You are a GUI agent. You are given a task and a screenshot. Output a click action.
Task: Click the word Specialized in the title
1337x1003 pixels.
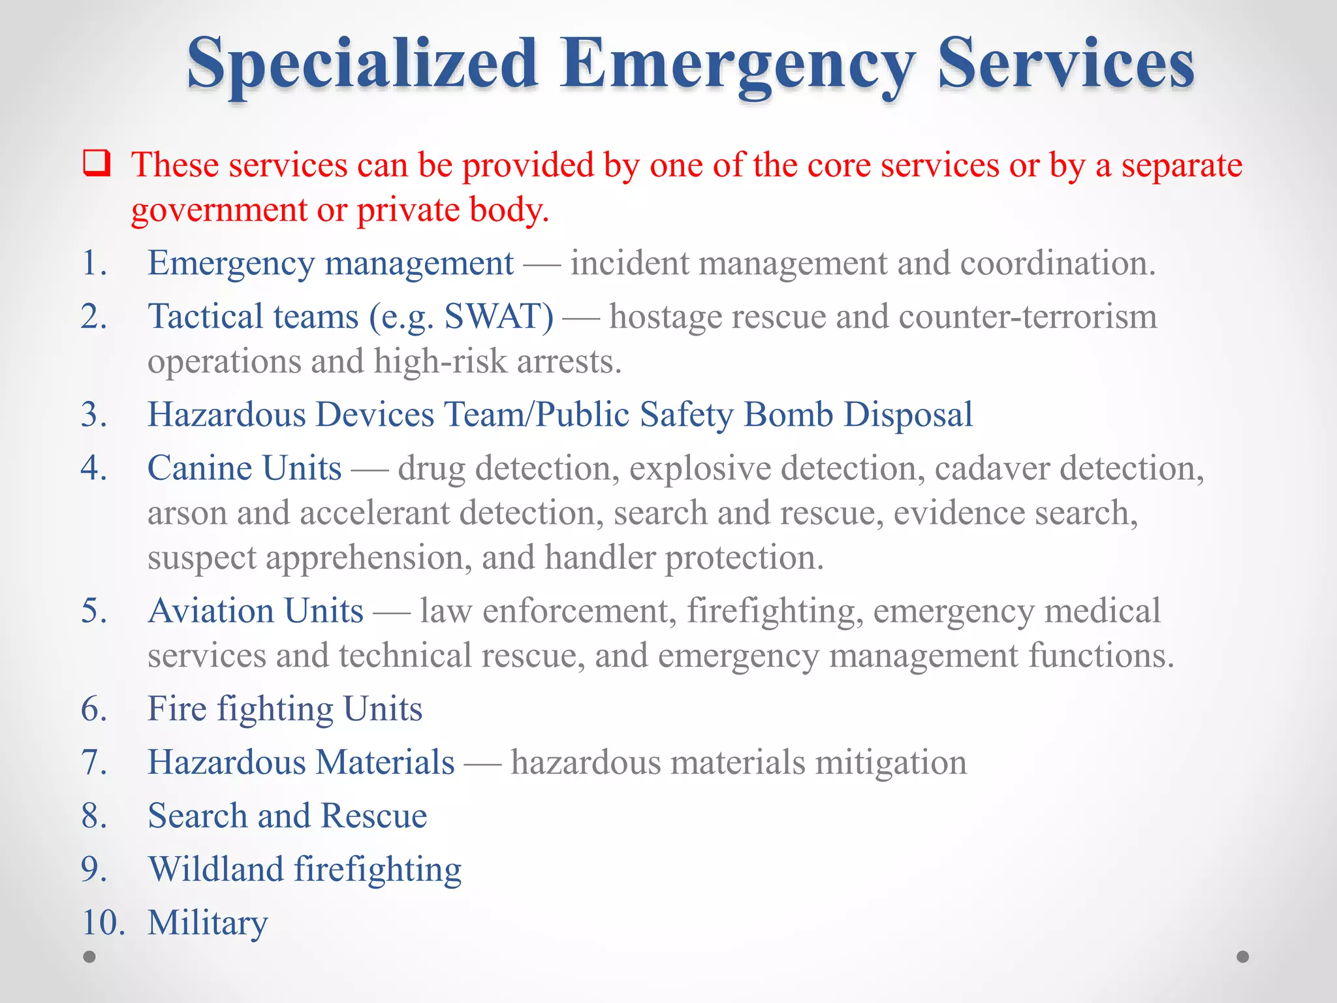point(362,64)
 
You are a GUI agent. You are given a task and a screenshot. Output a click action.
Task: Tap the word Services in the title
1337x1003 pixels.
point(1065,64)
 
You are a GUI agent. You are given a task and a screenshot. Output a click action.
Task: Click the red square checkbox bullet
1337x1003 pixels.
point(97,163)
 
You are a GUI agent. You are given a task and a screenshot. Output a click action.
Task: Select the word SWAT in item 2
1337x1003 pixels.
point(498,317)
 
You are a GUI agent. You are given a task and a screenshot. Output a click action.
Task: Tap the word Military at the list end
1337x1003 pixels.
point(208,923)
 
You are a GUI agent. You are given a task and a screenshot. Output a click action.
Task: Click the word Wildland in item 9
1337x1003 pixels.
point(216,869)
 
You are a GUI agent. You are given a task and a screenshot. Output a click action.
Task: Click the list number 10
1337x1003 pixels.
point(102,923)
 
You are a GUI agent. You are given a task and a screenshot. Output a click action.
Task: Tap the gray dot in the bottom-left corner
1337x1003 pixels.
point(89,957)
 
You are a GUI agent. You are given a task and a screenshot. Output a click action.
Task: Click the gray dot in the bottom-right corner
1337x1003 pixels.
point(1243,957)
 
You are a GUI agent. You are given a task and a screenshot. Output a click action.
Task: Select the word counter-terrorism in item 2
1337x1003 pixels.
point(1027,317)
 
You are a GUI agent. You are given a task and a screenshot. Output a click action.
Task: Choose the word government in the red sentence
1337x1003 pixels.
point(219,211)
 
